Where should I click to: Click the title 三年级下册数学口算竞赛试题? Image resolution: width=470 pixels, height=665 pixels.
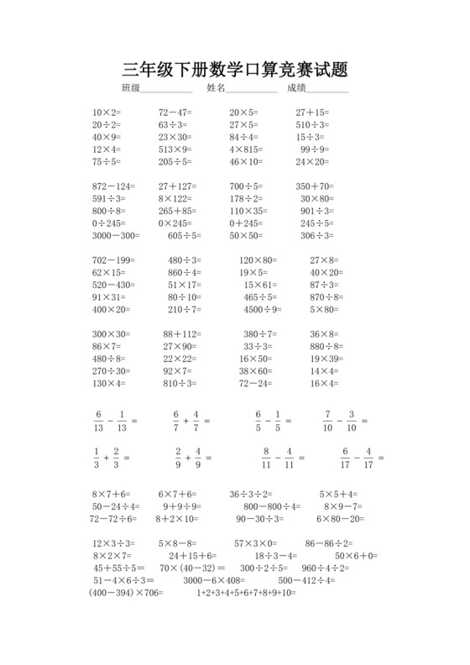pyautogui.click(x=235, y=69)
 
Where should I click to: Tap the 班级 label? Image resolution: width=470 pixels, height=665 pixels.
pyautogui.click(x=130, y=88)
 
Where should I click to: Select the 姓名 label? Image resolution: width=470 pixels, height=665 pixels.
pyautogui.click(x=216, y=88)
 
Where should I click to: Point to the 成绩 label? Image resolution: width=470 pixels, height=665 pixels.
pyautogui.click(x=296, y=88)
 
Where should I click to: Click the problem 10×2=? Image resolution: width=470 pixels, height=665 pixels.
pyautogui.click(x=107, y=112)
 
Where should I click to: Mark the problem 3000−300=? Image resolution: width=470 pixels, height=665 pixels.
pyautogui.click(x=117, y=236)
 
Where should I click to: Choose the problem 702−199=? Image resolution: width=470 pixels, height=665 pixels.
pyautogui.click(x=113, y=260)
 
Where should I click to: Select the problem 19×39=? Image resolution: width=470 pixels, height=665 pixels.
pyautogui.click(x=326, y=359)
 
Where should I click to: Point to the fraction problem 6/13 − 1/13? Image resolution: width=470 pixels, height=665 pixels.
pyautogui.click(x=114, y=420)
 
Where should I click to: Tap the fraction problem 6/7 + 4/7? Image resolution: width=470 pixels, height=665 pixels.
pyautogui.click(x=191, y=420)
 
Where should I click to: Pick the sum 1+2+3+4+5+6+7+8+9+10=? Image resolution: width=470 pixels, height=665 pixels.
pyautogui.click(x=247, y=593)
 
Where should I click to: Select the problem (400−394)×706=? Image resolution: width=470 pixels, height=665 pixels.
pyautogui.click(x=126, y=593)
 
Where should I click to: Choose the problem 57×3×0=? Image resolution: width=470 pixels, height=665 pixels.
pyautogui.click(x=255, y=543)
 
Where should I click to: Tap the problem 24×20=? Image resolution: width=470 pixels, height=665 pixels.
pyautogui.click(x=312, y=162)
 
